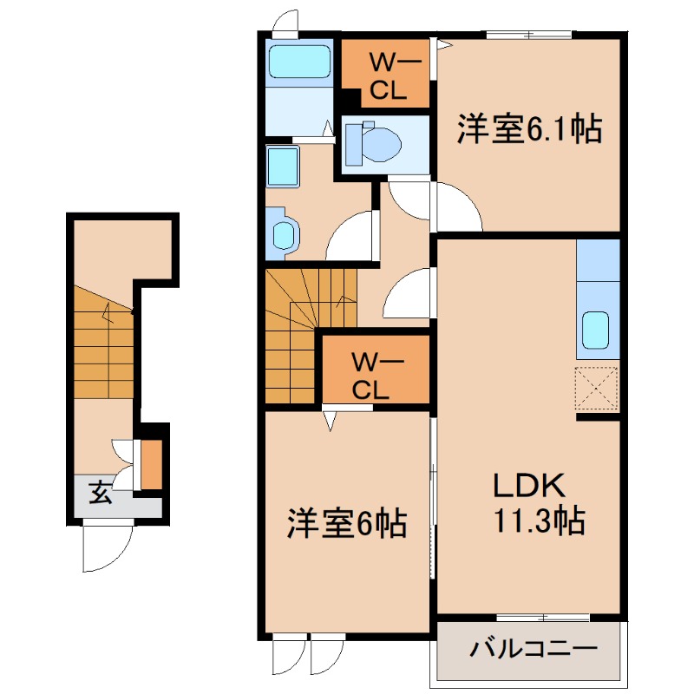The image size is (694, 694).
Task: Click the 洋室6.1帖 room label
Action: pyautogui.click(x=529, y=128)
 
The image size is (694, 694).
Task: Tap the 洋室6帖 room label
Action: pyautogui.click(x=347, y=523)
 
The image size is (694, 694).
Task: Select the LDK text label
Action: pyautogui.click(x=529, y=486)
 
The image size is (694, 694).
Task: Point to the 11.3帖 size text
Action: pyautogui.click(x=539, y=520)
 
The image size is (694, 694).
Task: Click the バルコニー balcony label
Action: pyautogui.click(x=534, y=649)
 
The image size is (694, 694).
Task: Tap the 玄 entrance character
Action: pyautogui.click(x=100, y=493)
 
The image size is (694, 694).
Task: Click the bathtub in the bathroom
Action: pyautogui.click(x=299, y=62)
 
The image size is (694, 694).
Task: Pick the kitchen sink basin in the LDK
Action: pyautogui.click(x=595, y=330)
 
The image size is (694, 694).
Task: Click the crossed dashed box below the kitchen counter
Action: pyautogui.click(x=596, y=389)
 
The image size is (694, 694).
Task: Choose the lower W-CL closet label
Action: pyautogui.click(x=372, y=376)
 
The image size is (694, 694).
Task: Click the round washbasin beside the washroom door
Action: pyautogui.click(x=284, y=234)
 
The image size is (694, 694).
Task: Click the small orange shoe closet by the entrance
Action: pyautogui.click(x=151, y=465)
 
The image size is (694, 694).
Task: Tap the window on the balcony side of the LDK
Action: pyautogui.click(x=543, y=618)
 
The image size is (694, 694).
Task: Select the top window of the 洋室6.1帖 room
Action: pyautogui.click(x=529, y=35)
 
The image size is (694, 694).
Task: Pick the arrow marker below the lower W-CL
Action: pyautogui.click(x=330, y=421)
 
